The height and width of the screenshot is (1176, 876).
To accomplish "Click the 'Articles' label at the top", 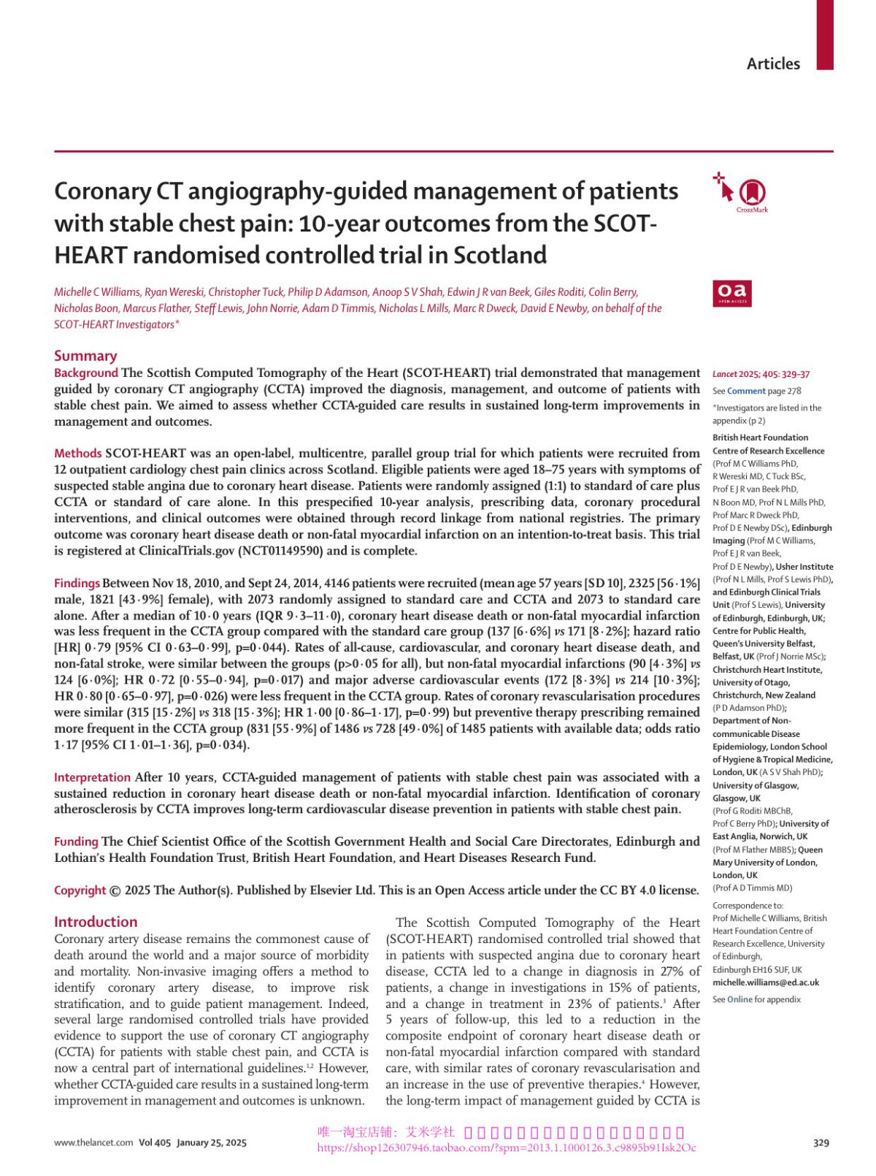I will [773, 64].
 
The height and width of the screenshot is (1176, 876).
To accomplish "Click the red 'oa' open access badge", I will [732, 293].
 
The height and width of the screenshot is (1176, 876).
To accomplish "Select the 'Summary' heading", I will [85, 356].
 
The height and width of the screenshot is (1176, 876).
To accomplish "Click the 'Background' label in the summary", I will [85, 373].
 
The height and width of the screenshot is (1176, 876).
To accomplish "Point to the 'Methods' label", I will [78, 453].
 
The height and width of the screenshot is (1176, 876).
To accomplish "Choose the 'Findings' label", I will [77, 583].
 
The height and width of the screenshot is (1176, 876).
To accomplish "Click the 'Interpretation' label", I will [92, 777].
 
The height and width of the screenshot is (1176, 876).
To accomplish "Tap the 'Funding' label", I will [76, 841].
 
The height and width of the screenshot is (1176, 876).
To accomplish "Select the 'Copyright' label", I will [80, 890].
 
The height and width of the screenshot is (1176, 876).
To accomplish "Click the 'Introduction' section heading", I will [96, 922].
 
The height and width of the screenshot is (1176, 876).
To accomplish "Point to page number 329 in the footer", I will [821, 1142].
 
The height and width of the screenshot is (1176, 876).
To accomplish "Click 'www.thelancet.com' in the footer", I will [93, 1142].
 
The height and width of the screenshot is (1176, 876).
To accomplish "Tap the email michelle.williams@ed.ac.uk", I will [766, 982].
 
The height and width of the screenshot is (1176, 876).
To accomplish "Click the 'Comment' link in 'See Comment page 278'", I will [746, 391].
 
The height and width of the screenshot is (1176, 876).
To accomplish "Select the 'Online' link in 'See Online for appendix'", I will [739, 999].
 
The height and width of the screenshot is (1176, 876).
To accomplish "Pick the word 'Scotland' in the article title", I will [500, 255].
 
